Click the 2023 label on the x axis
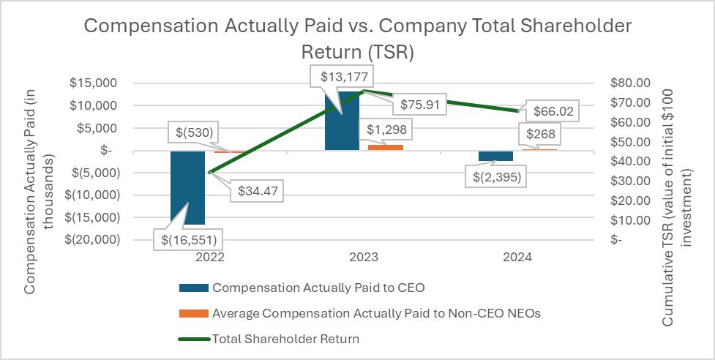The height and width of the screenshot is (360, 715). click(364, 258)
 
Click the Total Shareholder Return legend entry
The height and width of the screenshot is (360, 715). click(285, 339)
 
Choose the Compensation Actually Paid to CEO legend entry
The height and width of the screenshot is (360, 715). click(318, 288)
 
